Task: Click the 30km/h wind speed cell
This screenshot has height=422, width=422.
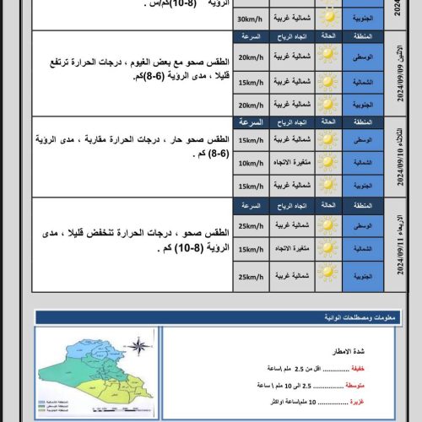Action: pos(250,19)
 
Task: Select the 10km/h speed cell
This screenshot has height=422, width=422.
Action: pos(250,163)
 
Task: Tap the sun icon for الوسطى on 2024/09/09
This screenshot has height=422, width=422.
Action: pos(327,58)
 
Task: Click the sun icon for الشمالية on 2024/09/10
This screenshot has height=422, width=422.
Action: pos(327,163)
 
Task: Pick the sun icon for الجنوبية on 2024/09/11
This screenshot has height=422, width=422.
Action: pos(327,278)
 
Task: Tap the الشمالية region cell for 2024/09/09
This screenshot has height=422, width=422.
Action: pos(364,81)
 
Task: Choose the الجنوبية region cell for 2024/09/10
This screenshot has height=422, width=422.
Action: pos(364,186)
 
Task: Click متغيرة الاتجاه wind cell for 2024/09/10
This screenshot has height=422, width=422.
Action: pos(289,163)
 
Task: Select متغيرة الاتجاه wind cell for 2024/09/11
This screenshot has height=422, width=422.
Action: pos(289,250)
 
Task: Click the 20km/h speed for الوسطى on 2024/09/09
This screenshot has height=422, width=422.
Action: pos(250,58)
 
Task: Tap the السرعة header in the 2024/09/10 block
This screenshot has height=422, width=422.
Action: pos(250,122)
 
